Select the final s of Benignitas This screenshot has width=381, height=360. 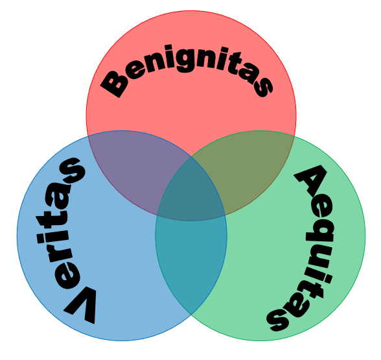262,86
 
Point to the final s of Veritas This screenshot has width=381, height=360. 73,170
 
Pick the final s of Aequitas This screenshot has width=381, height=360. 278,320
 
